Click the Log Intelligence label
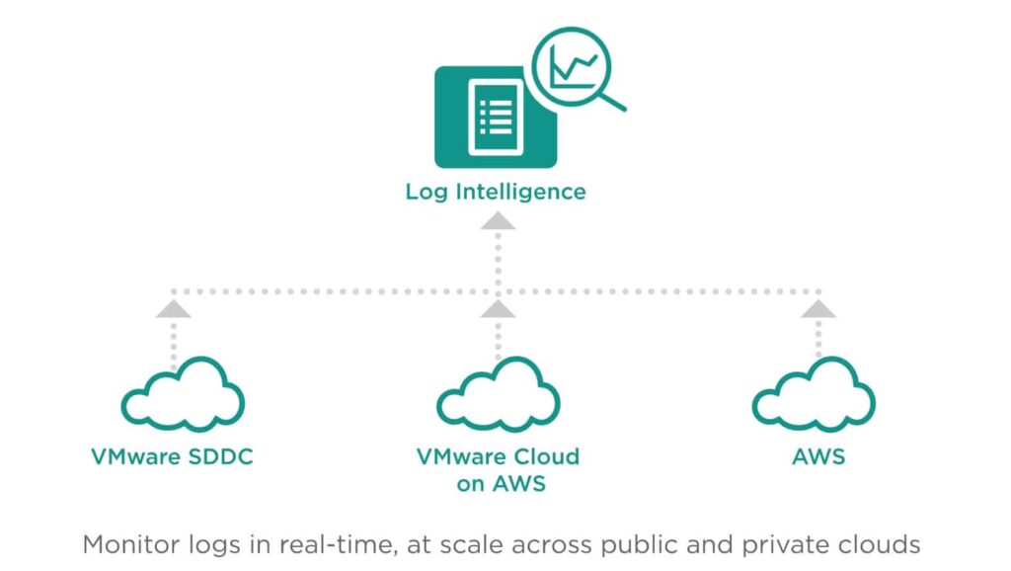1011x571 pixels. tap(496, 193)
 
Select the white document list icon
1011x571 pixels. tap(496, 118)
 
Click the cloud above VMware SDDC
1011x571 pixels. tap(183, 394)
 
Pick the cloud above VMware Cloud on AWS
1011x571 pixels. tap(498, 394)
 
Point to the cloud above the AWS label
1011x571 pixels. tap(814, 394)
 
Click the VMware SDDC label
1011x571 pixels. tap(172, 456)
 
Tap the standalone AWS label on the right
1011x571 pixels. tap(818, 456)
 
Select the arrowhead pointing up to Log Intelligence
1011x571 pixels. tap(498, 221)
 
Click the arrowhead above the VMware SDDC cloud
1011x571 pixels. tap(174, 309)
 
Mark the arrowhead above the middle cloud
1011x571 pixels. tap(498, 309)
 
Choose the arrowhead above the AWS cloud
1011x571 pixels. tap(818, 309)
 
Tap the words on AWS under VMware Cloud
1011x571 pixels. tap(501, 484)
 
